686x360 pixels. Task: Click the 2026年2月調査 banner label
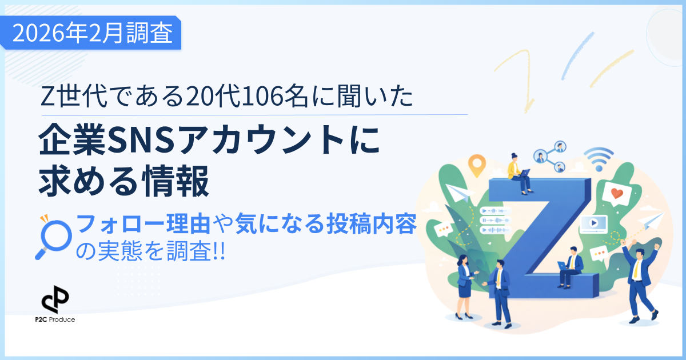coord(91,34)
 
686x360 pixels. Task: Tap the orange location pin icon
coord(476,164)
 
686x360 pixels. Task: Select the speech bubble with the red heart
coord(617,193)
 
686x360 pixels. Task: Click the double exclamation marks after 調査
coord(219,251)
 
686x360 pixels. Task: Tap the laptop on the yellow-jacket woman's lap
coord(524,173)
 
